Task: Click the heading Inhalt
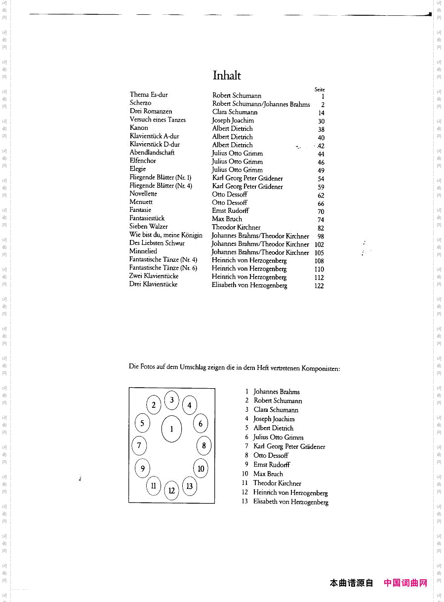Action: pyautogui.click(x=227, y=76)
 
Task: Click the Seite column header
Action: pyautogui.click(x=320, y=89)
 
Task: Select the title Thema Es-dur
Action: pyautogui.click(x=149, y=94)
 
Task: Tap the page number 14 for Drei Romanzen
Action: pyautogui.click(x=322, y=113)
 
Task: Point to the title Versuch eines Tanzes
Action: pyautogui.click(x=158, y=120)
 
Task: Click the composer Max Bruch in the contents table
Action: pyautogui.click(x=227, y=219)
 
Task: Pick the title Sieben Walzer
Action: pyautogui.click(x=149, y=226)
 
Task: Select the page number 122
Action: pyautogui.click(x=319, y=286)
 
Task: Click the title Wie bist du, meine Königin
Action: pyautogui.click(x=166, y=235)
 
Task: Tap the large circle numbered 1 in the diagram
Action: pyautogui.click(x=171, y=429)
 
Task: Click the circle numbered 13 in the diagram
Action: pyautogui.click(x=189, y=486)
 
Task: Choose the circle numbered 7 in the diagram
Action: pyautogui.click(x=139, y=446)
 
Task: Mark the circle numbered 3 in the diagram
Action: pyautogui.click(x=172, y=400)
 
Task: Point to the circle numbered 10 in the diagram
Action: pyautogui.click(x=201, y=468)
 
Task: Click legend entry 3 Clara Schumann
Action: pyautogui.click(x=276, y=410)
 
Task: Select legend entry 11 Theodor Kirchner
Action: pyautogui.click(x=277, y=483)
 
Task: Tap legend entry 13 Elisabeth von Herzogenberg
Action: pyautogui.click(x=290, y=502)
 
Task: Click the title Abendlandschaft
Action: pyautogui.click(x=152, y=153)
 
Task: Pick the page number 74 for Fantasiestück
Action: pyautogui.click(x=321, y=220)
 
